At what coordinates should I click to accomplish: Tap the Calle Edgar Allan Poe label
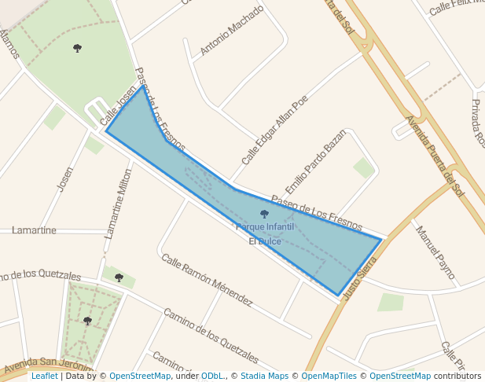point(274,130)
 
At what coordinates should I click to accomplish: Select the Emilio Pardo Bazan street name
point(315,161)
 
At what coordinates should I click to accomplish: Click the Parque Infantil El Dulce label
point(265,233)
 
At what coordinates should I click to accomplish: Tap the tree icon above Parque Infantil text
point(264,214)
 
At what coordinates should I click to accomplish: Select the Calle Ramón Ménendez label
point(207,280)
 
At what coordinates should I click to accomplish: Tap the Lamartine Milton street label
point(119,203)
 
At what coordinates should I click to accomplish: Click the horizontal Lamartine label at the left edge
point(34,230)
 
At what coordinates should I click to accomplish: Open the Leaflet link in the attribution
point(44,376)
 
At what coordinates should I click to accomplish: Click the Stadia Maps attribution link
point(264,376)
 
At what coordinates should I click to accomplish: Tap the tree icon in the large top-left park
point(77,49)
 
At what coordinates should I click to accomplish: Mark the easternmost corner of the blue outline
point(381,239)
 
